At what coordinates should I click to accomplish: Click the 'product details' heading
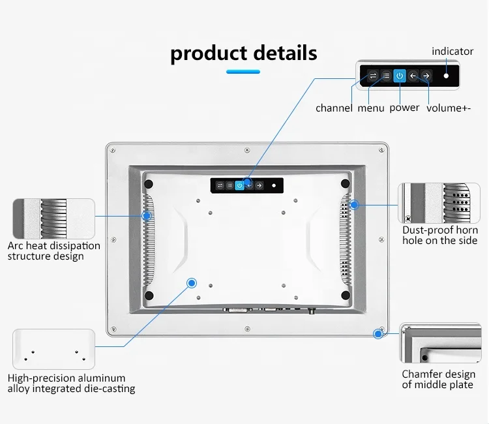[244, 53]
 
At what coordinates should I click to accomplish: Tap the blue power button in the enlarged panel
[400, 76]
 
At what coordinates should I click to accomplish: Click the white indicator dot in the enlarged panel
[447, 76]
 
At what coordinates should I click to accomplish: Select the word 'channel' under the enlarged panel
[334, 108]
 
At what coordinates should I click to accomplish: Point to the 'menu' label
[371, 108]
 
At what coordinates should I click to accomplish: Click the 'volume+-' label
[449, 108]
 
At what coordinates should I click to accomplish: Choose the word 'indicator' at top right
[453, 51]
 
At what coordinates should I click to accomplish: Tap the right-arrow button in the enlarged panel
[426, 76]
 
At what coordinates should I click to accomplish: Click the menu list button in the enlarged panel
[386, 76]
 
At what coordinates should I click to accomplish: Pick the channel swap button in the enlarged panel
[373, 76]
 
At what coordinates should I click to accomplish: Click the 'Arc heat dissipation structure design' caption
[54, 251]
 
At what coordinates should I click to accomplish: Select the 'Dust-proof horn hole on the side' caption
[440, 235]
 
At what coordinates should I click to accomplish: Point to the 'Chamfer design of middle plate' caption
[437, 379]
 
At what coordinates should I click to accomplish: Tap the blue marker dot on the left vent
[147, 215]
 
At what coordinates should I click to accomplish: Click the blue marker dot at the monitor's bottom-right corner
[378, 334]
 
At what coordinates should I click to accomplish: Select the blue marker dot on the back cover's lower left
[192, 282]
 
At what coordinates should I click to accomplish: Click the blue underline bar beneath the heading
[243, 72]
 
